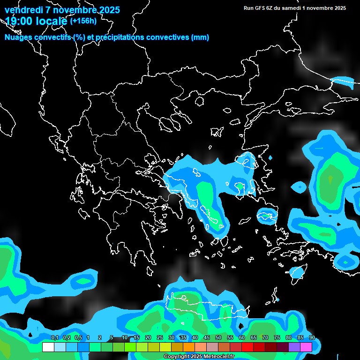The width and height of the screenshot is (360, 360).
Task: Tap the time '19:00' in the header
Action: (20, 21)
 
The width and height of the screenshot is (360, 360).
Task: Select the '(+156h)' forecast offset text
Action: (83, 21)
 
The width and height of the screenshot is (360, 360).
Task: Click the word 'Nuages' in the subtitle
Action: (18, 37)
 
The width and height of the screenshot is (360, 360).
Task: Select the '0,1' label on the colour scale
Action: (54, 338)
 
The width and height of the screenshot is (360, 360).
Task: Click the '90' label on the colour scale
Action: (312, 338)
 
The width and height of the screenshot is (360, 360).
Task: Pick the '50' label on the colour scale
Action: (218, 338)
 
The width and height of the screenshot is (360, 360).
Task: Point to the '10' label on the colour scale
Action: (125, 338)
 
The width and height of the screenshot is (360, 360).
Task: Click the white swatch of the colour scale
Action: (48, 347)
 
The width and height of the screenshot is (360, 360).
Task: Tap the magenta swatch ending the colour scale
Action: (306, 347)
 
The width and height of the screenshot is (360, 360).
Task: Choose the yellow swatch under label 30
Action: (165, 347)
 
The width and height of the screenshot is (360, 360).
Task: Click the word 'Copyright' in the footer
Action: (176, 357)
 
